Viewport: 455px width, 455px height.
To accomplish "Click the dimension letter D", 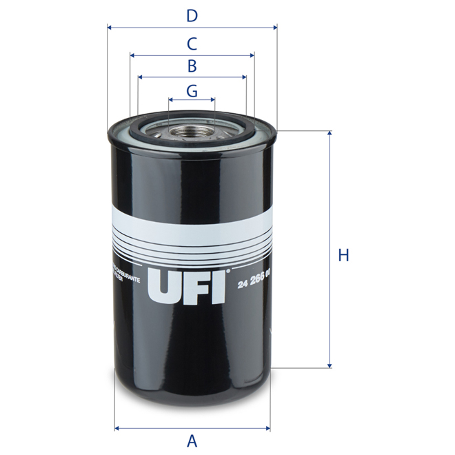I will (x=192, y=15).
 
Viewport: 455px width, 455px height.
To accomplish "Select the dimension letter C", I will (x=192, y=43).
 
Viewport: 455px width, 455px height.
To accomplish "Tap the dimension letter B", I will (x=192, y=66).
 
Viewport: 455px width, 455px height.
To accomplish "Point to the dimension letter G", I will (x=192, y=90).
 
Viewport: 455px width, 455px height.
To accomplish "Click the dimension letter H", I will (x=343, y=256).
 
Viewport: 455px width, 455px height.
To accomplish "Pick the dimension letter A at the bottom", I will (x=192, y=440).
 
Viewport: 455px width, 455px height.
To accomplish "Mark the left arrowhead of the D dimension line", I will (x=110, y=28).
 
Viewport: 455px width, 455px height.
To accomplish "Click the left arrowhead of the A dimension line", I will (x=117, y=427).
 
